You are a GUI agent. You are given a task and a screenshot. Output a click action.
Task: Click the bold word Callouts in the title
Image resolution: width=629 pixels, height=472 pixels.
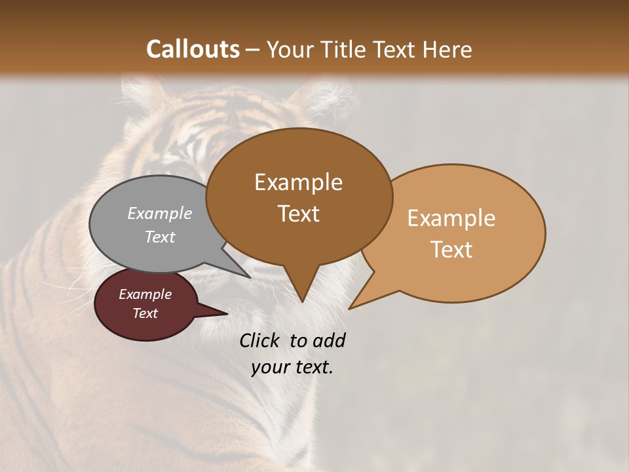click(193, 49)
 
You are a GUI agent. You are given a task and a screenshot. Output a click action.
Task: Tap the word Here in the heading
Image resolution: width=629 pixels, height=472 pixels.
click(448, 49)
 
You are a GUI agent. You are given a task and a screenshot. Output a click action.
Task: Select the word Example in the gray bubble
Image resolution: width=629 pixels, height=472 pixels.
click(160, 213)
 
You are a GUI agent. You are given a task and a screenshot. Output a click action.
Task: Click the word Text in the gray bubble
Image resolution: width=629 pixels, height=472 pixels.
click(160, 237)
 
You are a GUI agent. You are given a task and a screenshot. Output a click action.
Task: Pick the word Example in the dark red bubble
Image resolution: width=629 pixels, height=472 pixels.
click(145, 294)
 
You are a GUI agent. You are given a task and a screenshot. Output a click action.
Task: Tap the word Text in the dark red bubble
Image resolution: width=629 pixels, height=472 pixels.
click(145, 313)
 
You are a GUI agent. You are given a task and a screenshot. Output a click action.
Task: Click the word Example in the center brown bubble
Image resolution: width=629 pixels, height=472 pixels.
click(298, 182)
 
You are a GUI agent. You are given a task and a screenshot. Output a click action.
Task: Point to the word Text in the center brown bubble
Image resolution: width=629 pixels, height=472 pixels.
click(298, 214)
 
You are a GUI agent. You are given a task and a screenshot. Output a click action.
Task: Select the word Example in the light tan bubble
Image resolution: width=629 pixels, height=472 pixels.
click(451, 218)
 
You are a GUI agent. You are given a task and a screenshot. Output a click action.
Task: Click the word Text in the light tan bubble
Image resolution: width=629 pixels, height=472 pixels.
click(451, 250)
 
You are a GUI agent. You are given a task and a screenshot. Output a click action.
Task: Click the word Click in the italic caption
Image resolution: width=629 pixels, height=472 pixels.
click(259, 340)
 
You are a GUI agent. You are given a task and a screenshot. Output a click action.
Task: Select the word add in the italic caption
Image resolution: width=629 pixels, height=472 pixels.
click(330, 340)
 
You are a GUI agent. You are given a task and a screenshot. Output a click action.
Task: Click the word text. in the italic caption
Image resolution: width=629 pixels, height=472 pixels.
click(313, 367)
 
